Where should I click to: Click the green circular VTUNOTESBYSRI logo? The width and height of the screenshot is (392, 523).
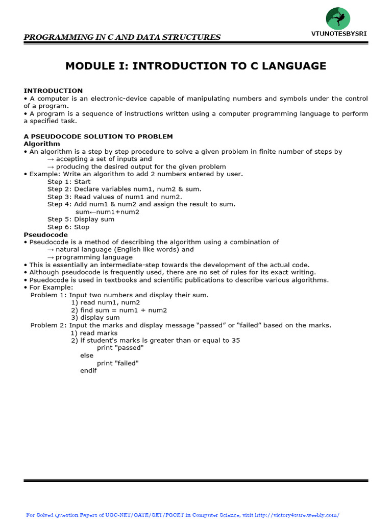pyautogui.click(x=338, y=19)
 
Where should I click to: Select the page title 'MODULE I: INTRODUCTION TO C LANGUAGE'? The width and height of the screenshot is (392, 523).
pyautogui.click(x=196, y=66)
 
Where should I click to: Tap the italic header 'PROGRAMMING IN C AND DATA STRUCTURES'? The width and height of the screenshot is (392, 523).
pyautogui.click(x=122, y=37)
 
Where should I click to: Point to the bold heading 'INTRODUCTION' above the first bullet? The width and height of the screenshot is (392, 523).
pyautogui.click(x=53, y=91)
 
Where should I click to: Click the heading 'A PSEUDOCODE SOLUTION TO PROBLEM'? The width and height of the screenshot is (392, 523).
pyautogui.click(x=99, y=136)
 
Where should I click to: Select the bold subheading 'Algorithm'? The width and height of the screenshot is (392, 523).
pyautogui.click(x=42, y=144)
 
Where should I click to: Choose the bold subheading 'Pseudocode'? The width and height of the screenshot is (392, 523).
pyautogui.click(x=45, y=234)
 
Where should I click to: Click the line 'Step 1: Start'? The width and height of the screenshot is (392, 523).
pyautogui.click(x=69, y=182)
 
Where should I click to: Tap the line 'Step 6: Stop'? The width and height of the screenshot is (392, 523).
pyautogui.click(x=68, y=227)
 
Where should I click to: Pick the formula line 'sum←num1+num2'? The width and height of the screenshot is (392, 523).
pyautogui.click(x=107, y=212)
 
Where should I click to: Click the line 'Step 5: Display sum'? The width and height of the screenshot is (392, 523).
pyautogui.click(x=81, y=220)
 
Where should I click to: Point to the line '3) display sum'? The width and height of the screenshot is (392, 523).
pyautogui.click(x=95, y=318)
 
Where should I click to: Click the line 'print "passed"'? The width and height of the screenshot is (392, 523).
pyautogui.click(x=120, y=348)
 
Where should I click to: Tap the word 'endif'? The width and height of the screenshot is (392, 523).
pyautogui.click(x=88, y=371)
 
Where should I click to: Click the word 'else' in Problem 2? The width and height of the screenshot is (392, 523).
pyautogui.click(x=87, y=355)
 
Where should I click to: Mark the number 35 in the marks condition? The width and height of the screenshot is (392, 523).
pyautogui.click(x=235, y=340)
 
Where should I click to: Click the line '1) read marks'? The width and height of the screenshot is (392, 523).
pyautogui.click(x=94, y=333)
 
